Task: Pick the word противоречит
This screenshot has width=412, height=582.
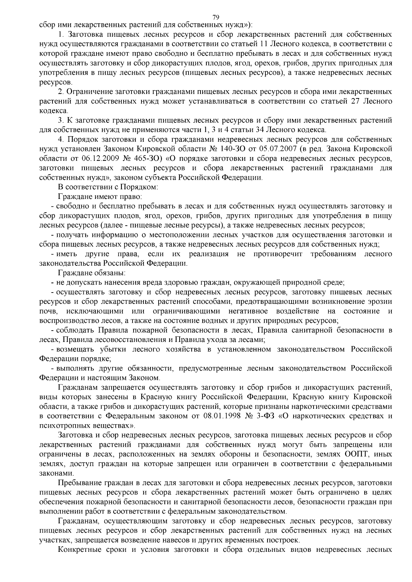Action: (278, 254)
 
